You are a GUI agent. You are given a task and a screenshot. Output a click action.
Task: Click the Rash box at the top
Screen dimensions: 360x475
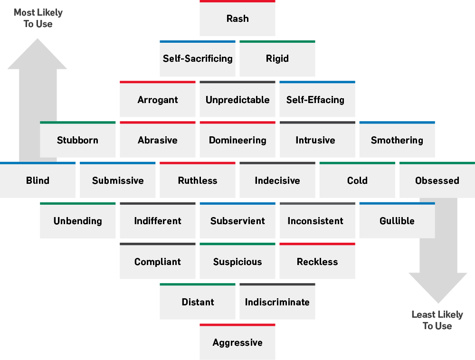(x=237, y=19)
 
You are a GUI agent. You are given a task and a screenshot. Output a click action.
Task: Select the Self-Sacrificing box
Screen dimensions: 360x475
(x=198, y=59)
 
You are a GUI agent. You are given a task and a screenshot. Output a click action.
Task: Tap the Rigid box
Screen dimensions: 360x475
(x=277, y=59)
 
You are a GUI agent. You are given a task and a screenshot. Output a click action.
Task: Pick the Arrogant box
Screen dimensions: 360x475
(x=158, y=100)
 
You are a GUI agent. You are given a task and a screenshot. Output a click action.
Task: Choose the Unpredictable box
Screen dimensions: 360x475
(x=237, y=100)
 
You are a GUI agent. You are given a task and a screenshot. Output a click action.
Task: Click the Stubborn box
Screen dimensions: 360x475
(x=78, y=140)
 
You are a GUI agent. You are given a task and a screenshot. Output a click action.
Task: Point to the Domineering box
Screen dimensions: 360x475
(x=237, y=140)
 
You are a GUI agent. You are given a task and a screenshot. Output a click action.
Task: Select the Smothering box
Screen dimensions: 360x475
(x=397, y=140)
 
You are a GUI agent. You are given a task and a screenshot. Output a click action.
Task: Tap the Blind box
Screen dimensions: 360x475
(x=38, y=180)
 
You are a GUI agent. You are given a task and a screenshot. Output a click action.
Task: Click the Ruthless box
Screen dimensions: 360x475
(x=198, y=180)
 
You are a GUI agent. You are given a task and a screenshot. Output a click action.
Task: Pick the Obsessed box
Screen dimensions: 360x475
(x=437, y=180)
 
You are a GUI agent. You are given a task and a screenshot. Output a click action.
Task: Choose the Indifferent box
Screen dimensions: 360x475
(x=158, y=221)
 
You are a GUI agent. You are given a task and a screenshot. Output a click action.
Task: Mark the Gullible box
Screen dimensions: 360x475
(x=397, y=221)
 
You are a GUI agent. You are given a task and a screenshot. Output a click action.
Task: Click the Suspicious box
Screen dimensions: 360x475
(x=237, y=262)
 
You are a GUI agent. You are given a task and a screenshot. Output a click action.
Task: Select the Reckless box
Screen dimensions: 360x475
(x=317, y=262)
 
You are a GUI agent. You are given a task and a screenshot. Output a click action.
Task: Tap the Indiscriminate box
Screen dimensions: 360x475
(x=277, y=302)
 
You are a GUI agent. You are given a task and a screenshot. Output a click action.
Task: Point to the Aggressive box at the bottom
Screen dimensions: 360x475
(x=237, y=342)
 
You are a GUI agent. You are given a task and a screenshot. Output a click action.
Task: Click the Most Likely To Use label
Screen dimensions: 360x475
(x=38, y=18)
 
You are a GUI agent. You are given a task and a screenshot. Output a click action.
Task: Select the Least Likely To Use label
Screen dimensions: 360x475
(x=437, y=320)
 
